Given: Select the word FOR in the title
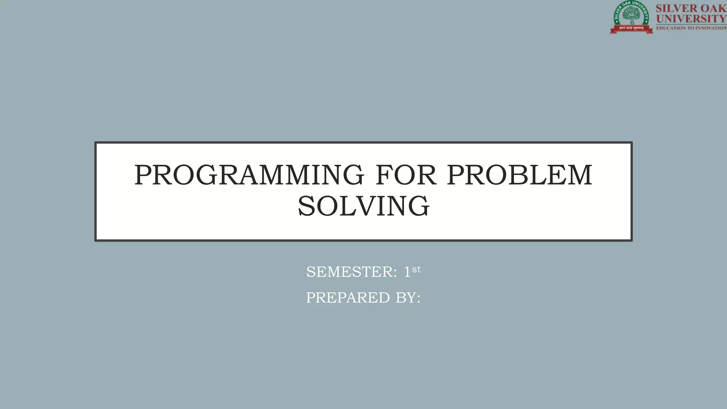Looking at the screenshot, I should pos(405,175).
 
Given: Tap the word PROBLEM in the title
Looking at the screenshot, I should pos(519,175).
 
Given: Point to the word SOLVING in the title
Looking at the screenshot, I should pos(363,206).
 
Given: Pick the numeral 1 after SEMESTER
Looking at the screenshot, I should pos(407,272).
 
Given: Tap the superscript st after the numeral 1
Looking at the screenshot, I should pos(416,269).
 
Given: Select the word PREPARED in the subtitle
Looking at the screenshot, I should pos(348,298).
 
